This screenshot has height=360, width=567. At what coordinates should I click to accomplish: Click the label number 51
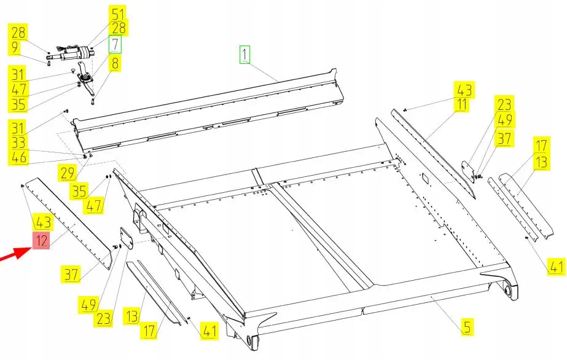(x=117, y=14)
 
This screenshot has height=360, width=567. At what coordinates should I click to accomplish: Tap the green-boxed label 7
(x=115, y=44)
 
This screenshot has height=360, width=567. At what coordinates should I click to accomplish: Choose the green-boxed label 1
(x=245, y=56)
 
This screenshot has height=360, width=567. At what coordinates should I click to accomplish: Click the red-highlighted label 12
(x=41, y=240)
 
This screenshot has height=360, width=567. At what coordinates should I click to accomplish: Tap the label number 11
(x=461, y=105)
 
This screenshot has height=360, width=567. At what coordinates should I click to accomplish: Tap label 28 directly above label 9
(x=17, y=32)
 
